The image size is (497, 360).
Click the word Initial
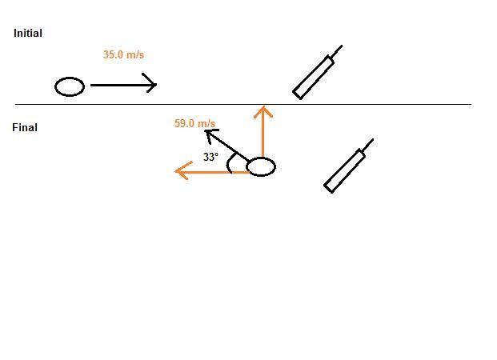click(x=28, y=34)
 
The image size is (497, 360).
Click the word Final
click(x=25, y=127)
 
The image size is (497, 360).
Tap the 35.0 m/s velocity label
click(x=123, y=55)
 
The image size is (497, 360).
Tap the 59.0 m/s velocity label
click(x=194, y=123)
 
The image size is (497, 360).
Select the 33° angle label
click(x=210, y=158)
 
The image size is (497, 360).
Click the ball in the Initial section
click(x=70, y=86)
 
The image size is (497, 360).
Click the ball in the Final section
click(x=261, y=167)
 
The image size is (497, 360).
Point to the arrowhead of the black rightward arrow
click(x=152, y=84)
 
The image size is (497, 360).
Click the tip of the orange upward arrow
click(x=263, y=108)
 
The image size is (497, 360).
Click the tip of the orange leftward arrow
click(x=178, y=170)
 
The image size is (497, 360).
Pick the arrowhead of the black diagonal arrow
click(x=209, y=132)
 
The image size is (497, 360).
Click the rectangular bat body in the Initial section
click(x=313, y=77)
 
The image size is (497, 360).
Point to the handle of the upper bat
click(x=337, y=51)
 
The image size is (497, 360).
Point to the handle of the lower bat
click(x=368, y=145)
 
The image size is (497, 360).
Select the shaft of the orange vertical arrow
click(x=263, y=136)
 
